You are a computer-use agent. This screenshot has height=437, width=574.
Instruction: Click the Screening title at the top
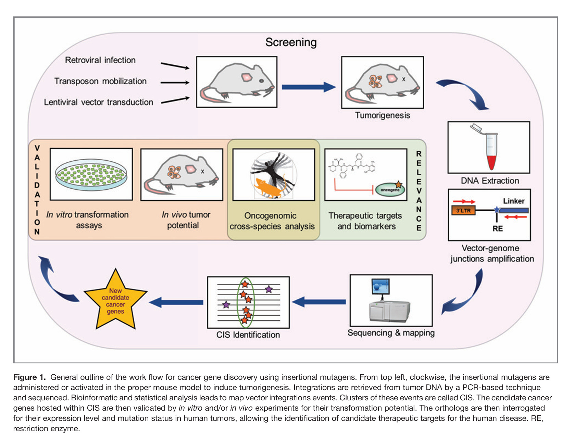coord(291,42)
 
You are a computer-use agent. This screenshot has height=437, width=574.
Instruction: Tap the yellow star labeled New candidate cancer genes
coord(115,301)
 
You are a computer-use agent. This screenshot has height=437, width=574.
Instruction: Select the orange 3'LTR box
coord(463,211)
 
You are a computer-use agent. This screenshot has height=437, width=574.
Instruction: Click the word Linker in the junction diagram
coord(513,201)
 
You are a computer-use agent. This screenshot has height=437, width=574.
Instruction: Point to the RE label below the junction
coord(497,228)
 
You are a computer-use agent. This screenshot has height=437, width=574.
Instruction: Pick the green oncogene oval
coord(390,189)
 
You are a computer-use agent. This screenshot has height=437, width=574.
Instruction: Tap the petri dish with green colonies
coord(91,174)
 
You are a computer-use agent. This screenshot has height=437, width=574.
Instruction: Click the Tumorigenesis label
coord(382,115)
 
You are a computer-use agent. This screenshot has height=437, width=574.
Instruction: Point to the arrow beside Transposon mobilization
coord(175,83)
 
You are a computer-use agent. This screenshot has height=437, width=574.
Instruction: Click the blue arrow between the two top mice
coord(308,87)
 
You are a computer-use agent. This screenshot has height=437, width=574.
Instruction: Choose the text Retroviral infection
coord(100,60)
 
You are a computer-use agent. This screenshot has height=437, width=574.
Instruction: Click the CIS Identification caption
coord(248,335)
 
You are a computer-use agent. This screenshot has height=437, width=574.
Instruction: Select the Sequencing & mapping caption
coord(391,333)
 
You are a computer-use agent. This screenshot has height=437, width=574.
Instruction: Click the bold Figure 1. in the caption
coord(29,377)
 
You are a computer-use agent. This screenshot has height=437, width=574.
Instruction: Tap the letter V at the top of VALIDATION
coord(37,148)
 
